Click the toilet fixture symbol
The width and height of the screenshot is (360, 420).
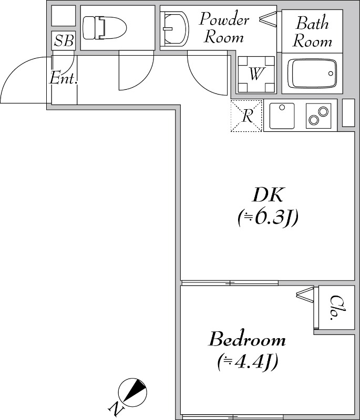point(105,28)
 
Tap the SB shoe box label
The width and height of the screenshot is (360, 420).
point(64,41)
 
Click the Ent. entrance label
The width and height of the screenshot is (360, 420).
point(64,78)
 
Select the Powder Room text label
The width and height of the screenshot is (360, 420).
point(224,27)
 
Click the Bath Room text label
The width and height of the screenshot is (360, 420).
point(312,32)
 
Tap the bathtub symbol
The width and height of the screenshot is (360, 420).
point(312,73)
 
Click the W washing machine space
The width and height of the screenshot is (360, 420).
point(256,75)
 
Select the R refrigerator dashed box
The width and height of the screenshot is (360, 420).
point(246,115)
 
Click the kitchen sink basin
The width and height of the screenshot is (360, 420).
point(282,115)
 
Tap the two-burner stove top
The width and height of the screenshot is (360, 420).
point(318,115)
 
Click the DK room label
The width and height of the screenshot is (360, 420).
point(268,195)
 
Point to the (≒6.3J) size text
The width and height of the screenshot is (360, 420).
point(268,217)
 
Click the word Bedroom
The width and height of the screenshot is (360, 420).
point(247,339)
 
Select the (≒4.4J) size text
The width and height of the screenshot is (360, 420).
point(247,362)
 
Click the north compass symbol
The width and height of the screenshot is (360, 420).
point(132,392)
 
